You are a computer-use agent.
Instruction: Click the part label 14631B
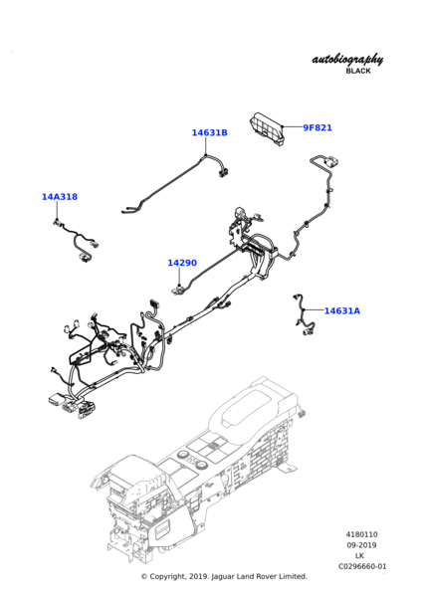click(x=209, y=132)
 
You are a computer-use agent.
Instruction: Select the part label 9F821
click(x=317, y=127)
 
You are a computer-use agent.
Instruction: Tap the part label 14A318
click(x=60, y=196)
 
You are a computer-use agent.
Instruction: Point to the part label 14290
click(x=182, y=263)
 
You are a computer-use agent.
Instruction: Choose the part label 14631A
click(x=342, y=310)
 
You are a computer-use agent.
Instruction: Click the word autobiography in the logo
click(x=347, y=60)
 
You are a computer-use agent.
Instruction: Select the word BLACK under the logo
click(x=358, y=71)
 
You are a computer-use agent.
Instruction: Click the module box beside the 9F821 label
click(x=267, y=129)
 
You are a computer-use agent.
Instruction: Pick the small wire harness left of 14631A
click(x=304, y=315)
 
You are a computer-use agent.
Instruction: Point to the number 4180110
click(x=362, y=534)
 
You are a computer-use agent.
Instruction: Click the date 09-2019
click(x=361, y=545)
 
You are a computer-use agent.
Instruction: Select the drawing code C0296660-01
click(x=362, y=566)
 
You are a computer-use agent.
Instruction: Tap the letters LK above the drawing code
click(x=359, y=556)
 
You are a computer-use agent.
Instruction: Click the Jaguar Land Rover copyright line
click(x=224, y=576)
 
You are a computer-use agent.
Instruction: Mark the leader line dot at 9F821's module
click(x=283, y=126)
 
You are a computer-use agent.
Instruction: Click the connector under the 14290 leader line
click(x=177, y=290)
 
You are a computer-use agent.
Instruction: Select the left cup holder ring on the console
click(x=184, y=455)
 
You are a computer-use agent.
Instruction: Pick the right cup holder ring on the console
click(x=201, y=465)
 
